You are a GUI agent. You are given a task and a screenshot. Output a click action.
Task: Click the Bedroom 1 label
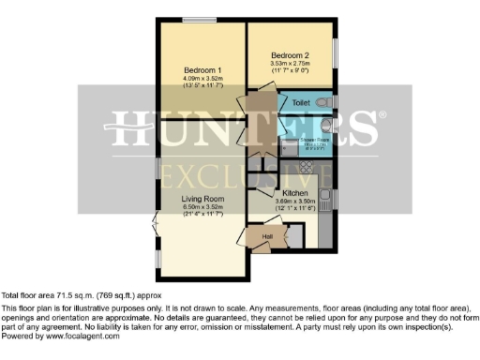point(202,70)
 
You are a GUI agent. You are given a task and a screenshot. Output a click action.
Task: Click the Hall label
point(268,237)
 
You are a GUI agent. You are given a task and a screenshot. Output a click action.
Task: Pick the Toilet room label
point(301,101)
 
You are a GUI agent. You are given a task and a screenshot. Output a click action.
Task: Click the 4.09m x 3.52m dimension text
point(202,79)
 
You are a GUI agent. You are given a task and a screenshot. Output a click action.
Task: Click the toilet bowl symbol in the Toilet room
point(322,100)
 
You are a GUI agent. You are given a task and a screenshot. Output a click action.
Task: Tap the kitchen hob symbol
point(307,174)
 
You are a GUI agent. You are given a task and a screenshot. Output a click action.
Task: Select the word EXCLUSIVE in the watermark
point(246,173)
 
